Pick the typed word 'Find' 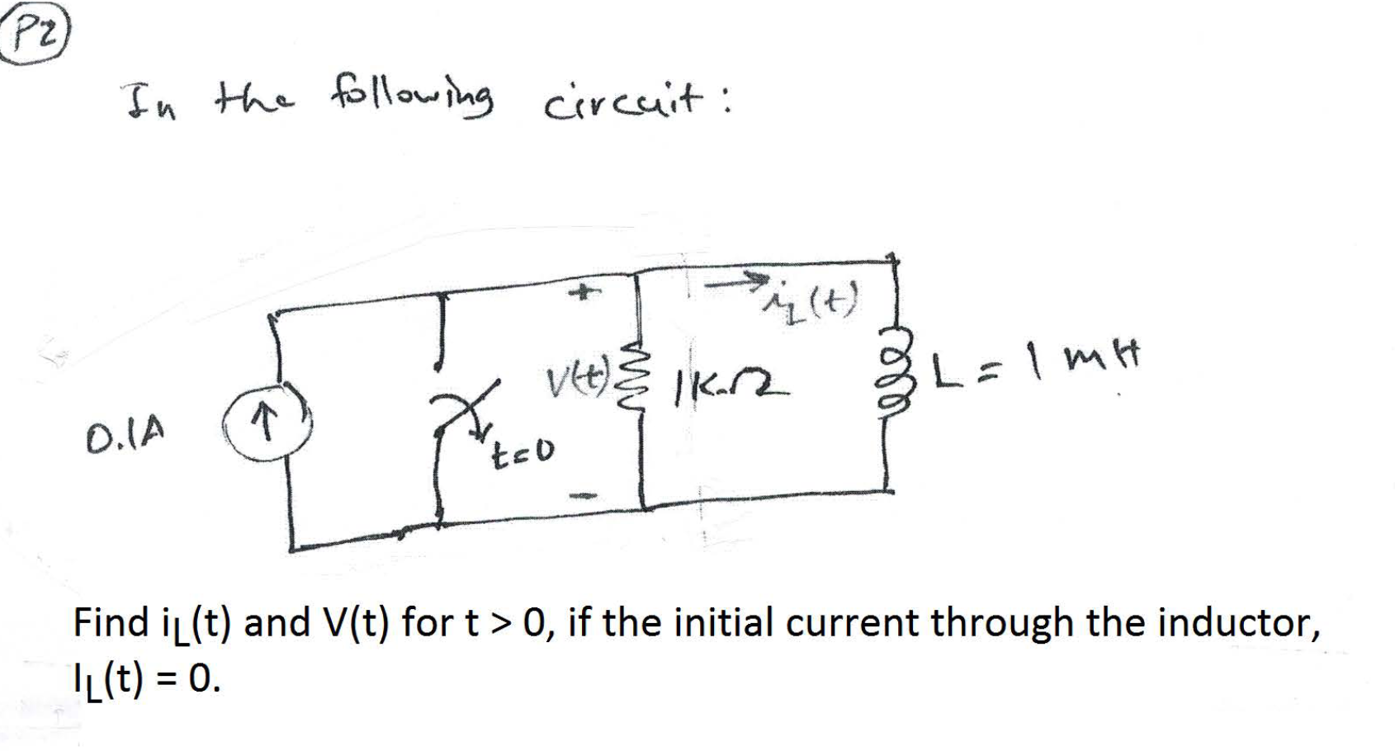(110, 622)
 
